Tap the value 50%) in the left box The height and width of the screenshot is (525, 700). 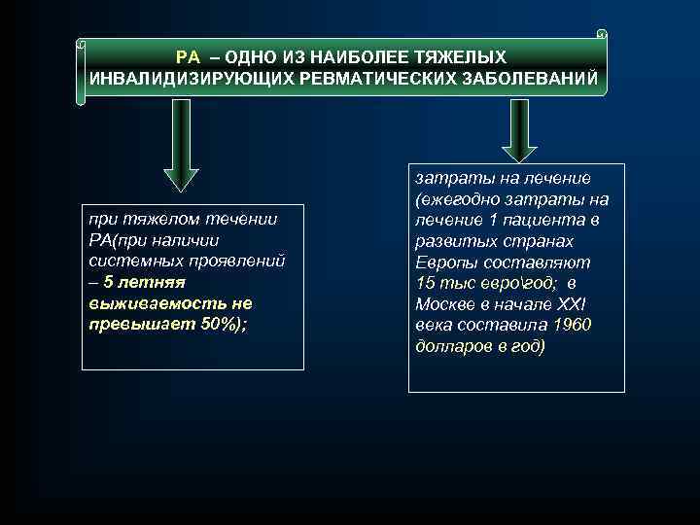click(x=222, y=323)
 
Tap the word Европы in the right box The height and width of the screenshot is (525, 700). click(x=443, y=262)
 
